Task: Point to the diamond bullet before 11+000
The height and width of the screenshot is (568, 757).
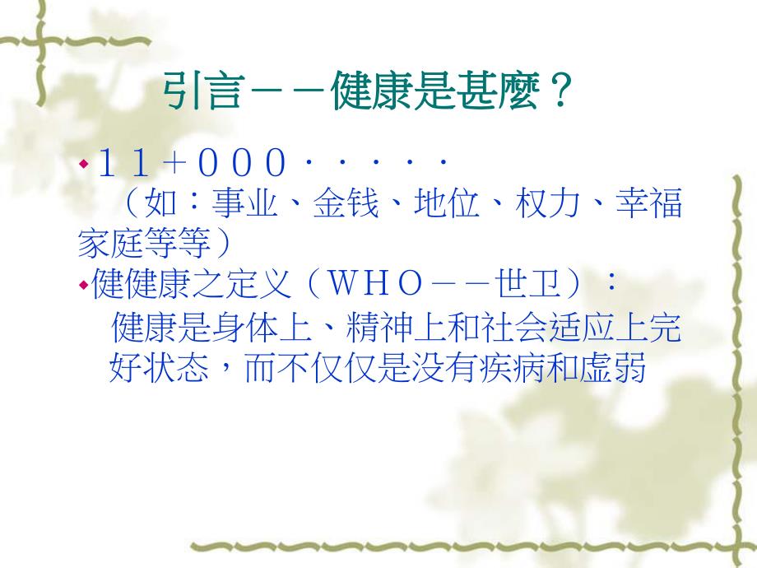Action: click(82, 165)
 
